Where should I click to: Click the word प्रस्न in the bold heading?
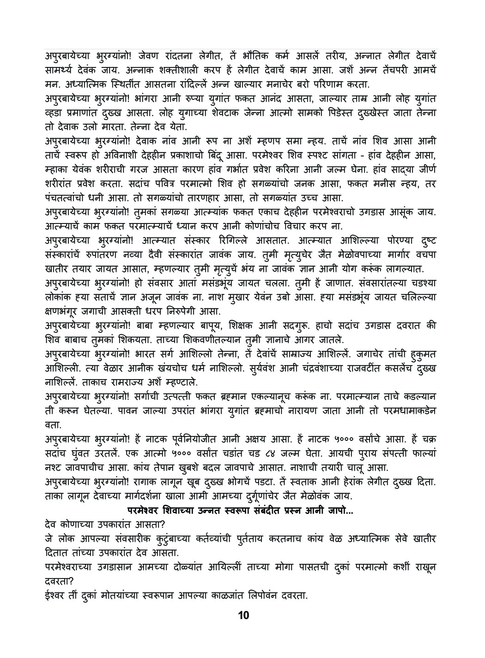click(x=291, y=510)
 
